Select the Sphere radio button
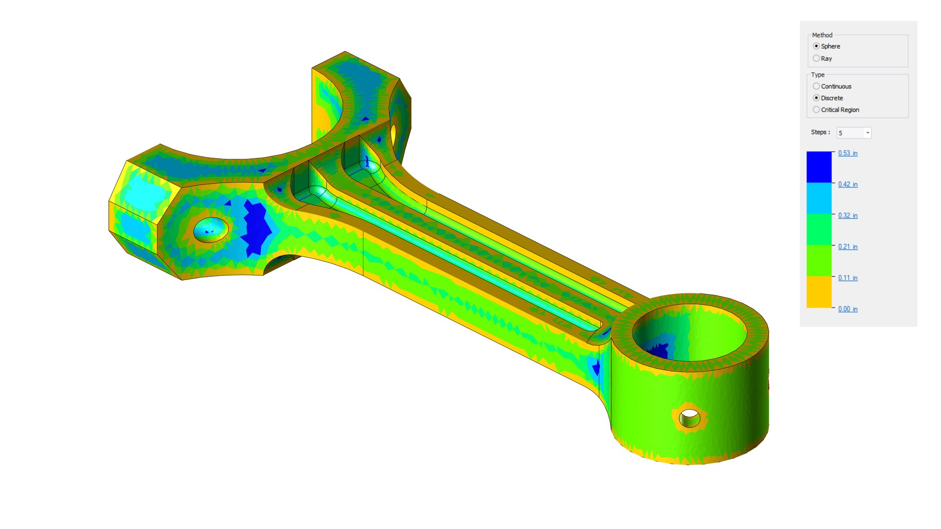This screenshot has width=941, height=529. (816, 46)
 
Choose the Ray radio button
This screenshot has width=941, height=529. (816, 58)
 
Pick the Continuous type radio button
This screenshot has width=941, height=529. (816, 86)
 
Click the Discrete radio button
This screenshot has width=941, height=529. (816, 98)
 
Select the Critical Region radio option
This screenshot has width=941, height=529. (816, 110)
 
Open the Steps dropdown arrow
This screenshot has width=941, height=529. (867, 133)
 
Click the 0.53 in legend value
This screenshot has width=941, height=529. (847, 153)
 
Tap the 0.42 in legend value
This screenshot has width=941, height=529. (847, 185)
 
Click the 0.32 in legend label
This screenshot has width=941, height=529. (847, 216)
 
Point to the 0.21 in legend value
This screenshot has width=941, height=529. (847, 247)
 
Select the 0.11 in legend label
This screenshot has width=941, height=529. (847, 278)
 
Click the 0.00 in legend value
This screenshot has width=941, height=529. (847, 309)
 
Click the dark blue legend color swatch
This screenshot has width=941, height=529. (819, 167)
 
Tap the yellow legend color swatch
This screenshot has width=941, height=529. (819, 292)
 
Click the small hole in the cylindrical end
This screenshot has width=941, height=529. (690, 418)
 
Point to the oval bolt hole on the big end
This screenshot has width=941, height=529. (211, 229)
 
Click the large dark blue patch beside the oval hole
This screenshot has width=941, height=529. (256, 228)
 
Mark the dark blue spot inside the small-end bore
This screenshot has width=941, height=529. (659, 350)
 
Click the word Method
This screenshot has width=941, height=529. (822, 35)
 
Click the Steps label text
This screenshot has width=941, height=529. (820, 132)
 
